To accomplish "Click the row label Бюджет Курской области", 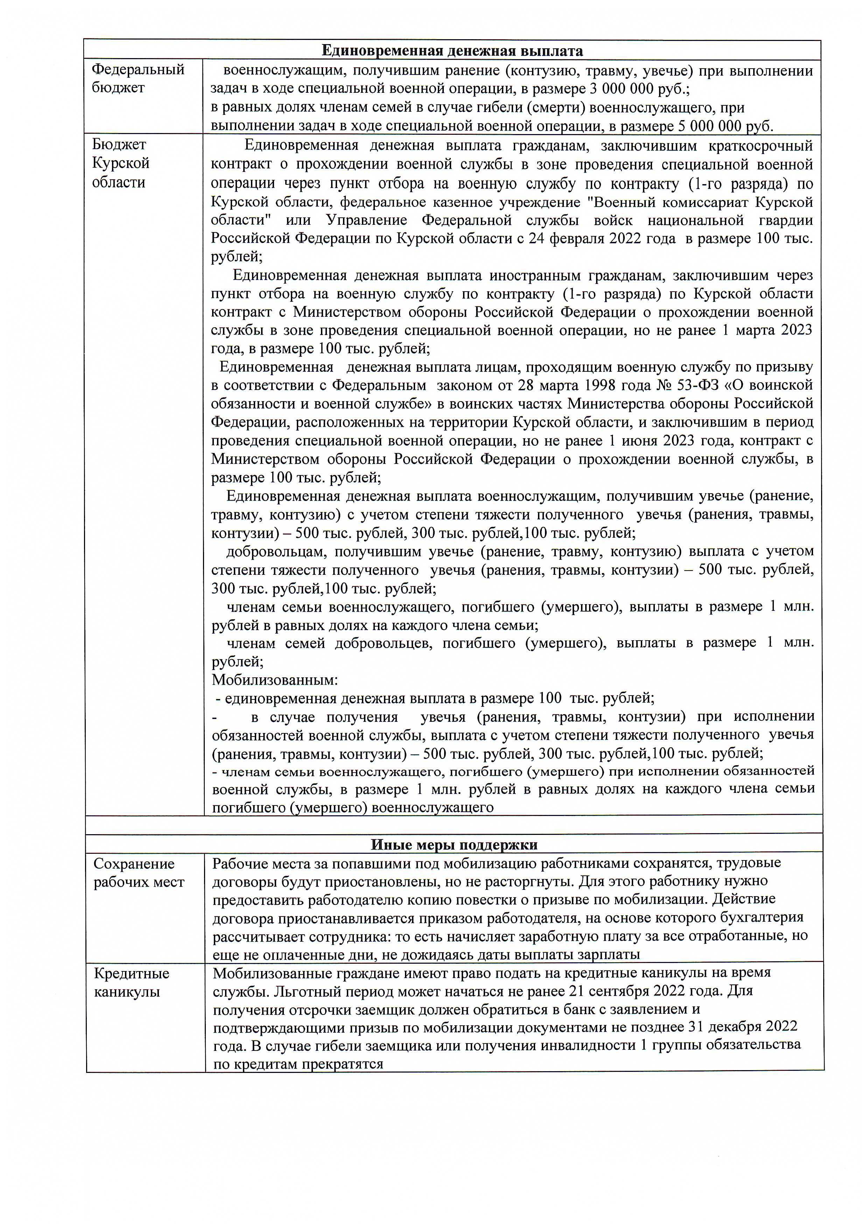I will coord(120,163).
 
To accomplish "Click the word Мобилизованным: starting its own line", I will coord(275,680).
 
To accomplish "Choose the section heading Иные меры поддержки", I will coord(454,845).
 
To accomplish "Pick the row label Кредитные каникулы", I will coord(132,983).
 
